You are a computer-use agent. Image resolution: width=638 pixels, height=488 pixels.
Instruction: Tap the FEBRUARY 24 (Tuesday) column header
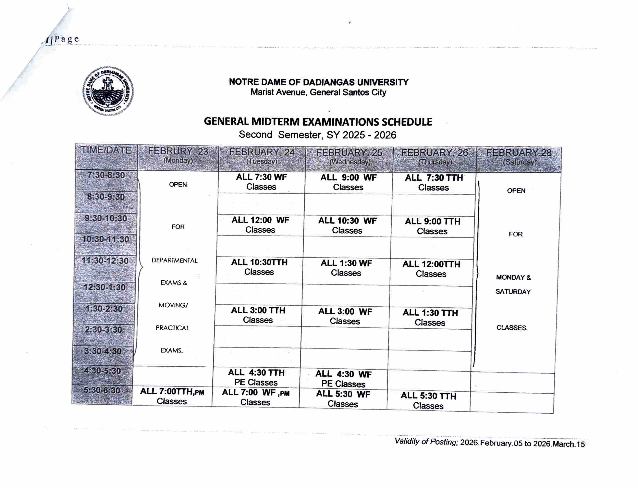click(262, 157)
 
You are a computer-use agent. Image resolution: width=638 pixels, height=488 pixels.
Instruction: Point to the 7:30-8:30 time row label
click(106, 176)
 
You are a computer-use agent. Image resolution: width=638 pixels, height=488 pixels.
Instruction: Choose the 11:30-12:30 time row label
click(105, 261)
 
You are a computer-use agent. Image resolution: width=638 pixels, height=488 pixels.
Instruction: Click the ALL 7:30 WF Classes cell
click(261, 182)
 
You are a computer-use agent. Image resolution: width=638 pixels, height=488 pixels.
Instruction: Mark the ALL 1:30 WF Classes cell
click(346, 268)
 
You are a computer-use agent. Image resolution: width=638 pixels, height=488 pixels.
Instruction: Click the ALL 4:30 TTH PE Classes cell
click(256, 377)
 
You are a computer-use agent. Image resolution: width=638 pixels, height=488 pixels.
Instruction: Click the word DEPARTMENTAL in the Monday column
click(174, 261)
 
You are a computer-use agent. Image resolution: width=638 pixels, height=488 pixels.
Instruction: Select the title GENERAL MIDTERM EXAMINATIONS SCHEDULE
click(318, 122)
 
